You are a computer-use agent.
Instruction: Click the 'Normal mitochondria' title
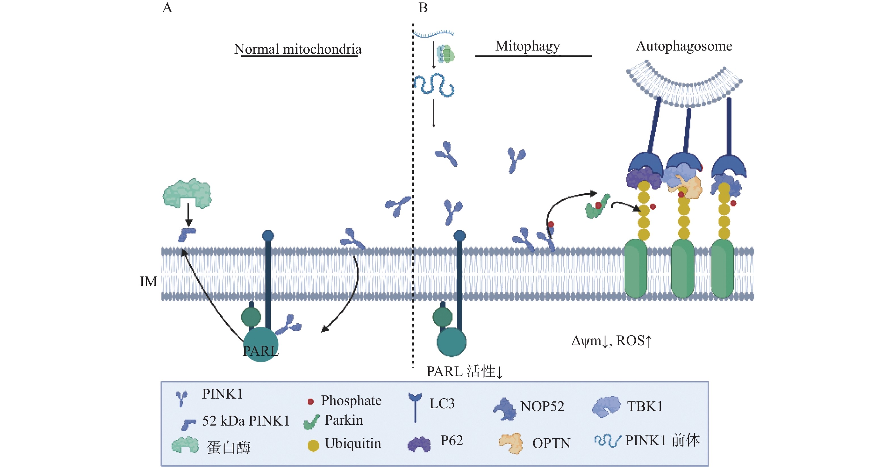pyautogui.click(x=298, y=49)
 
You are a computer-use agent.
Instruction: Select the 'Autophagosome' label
pyautogui.click(x=684, y=46)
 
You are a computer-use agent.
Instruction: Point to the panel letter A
pyautogui.click(x=167, y=8)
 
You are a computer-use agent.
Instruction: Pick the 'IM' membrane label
pyautogui.click(x=148, y=281)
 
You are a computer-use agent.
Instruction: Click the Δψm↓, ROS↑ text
pyautogui.click(x=612, y=341)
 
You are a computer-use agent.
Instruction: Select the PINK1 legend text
pyautogui.click(x=222, y=394)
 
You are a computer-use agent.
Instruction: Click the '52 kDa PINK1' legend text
pyautogui.click(x=246, y=421)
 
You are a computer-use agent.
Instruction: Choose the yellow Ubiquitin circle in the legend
pyautogui.click(x=313, y=445)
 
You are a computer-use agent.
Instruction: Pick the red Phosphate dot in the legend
pyautogui.click(x=310, y=402)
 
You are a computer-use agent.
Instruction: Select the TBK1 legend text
pyautogui.click(x=645, y=406)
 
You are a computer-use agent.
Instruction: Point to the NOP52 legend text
pyautogui.click(x=542, y=406)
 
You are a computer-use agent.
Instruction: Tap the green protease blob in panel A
pyautogui.click(x=187, y=193)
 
